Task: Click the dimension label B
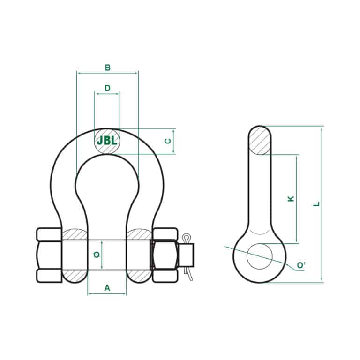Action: click(107, 68)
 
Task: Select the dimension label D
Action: click(107, 88)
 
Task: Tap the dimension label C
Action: click(167, 141)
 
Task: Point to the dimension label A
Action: click(107, 288)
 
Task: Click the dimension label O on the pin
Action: click(96, 255)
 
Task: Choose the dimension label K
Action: click(291, 199)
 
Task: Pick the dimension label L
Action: click(317, 204)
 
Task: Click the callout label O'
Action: click(301, 266)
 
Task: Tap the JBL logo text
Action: click(107, 141)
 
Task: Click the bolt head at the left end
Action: click(49, 255)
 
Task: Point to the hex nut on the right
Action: click(165, 255)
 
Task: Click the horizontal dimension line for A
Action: click(107, 294)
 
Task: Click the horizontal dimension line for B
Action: click(107, 73)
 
